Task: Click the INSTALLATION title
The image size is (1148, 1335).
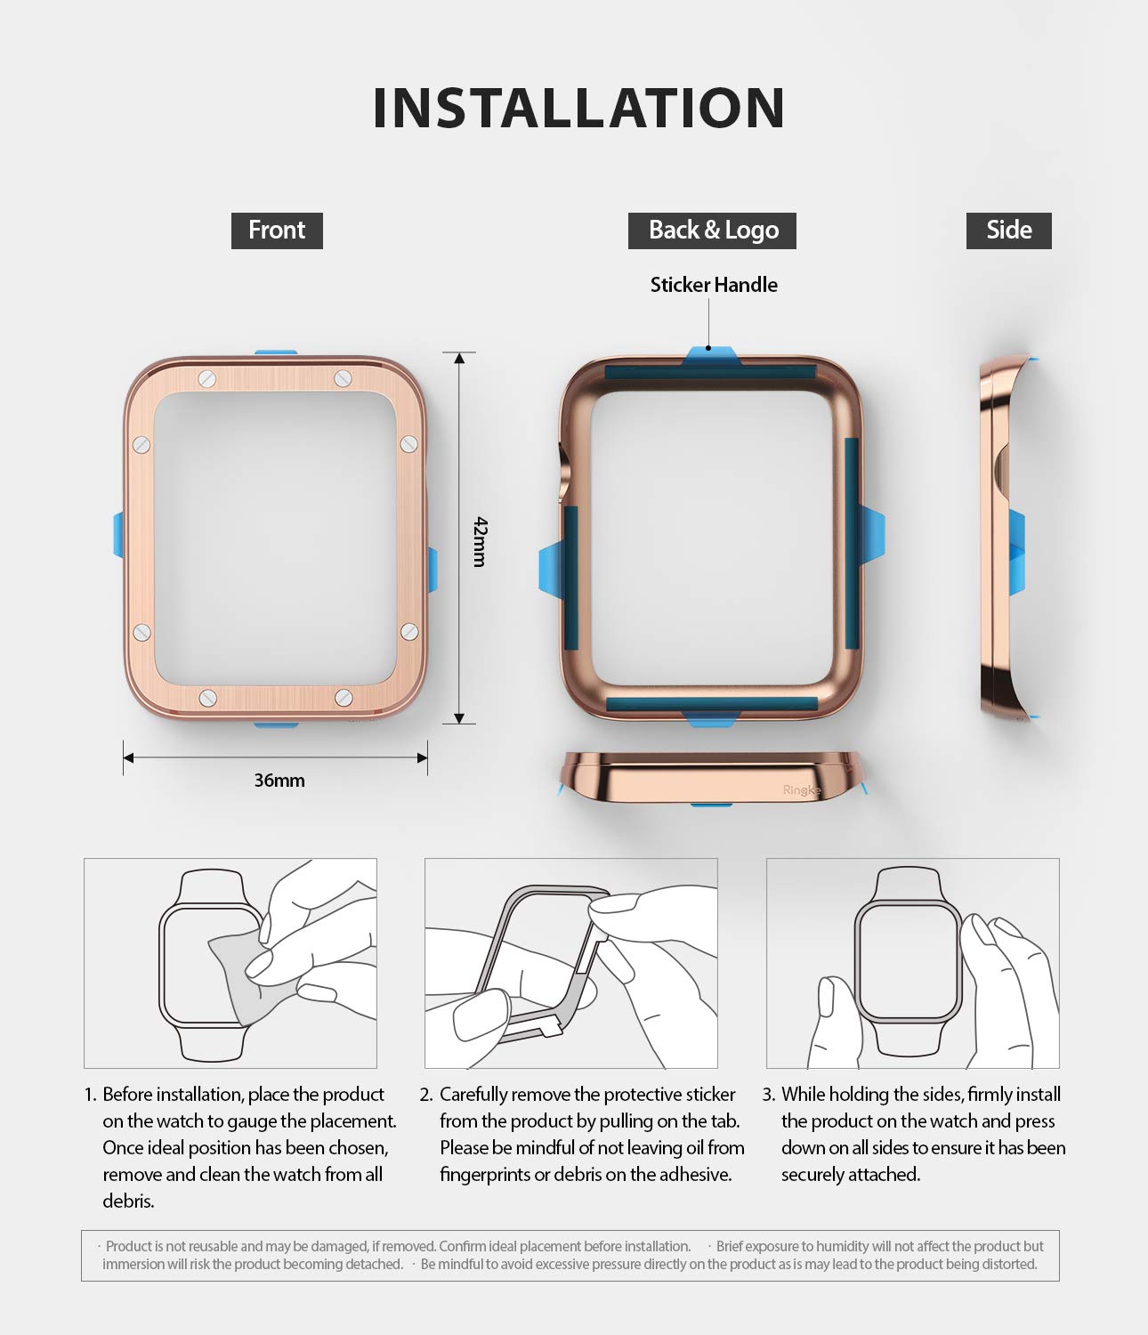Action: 578,108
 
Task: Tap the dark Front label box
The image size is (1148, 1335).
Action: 277,231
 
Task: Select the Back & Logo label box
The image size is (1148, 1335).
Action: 712,231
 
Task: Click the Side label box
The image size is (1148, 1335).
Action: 1008,231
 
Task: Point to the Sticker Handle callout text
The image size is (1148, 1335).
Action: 714,285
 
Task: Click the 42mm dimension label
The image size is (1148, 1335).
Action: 480,541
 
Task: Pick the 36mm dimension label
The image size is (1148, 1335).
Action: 279,781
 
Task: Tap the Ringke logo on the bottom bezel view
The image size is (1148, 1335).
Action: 801,790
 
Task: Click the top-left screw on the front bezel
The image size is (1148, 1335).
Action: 207,378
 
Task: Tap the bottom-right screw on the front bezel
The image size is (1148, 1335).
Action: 344,698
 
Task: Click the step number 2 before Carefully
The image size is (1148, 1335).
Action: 425,1094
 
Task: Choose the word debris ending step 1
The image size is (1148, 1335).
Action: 128,1201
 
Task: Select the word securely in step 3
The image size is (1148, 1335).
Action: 811,1175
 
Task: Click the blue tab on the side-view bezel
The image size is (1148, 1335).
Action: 1017,551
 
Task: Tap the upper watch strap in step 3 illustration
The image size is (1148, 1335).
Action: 908,884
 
